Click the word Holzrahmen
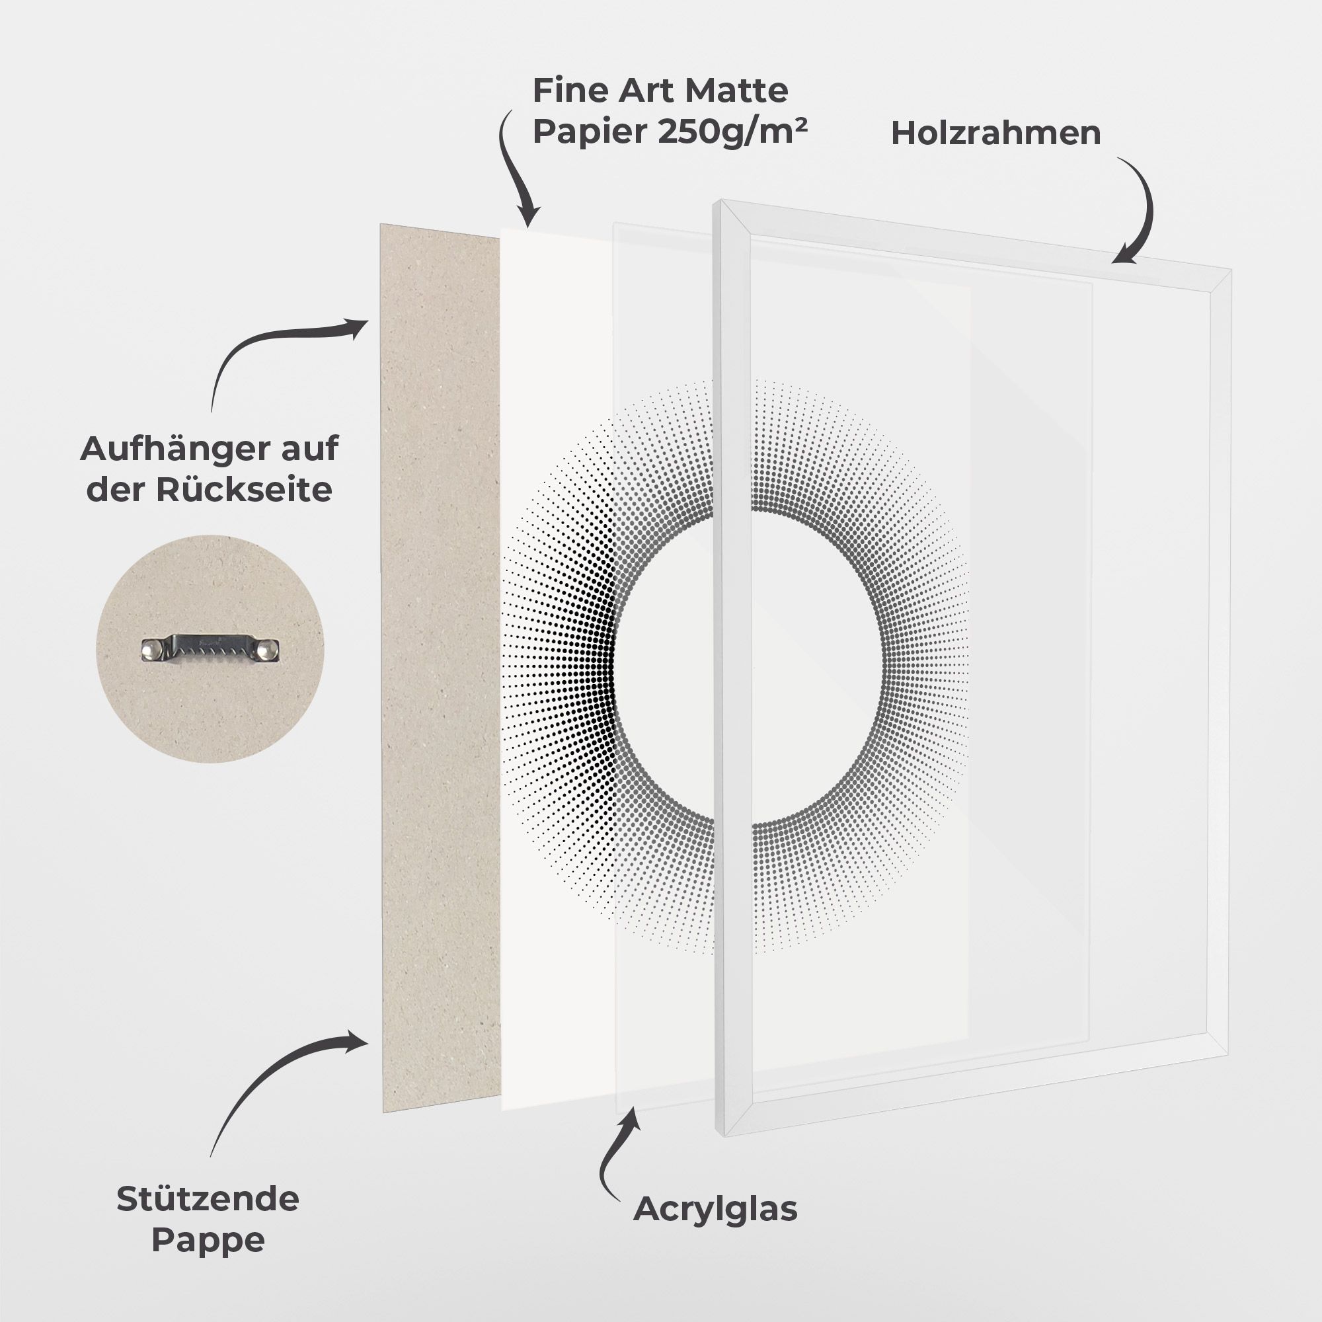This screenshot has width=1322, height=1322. coord(995,134)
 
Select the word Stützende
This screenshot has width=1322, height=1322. coord(208,1199)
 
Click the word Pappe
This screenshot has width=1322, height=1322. coord(208,1240)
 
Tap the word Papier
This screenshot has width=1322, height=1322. coord(590,131)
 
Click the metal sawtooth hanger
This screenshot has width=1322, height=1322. coord(211,648)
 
